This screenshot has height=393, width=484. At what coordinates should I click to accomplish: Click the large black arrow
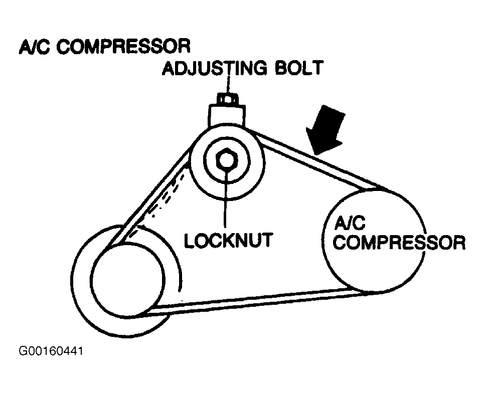pos(328,127)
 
